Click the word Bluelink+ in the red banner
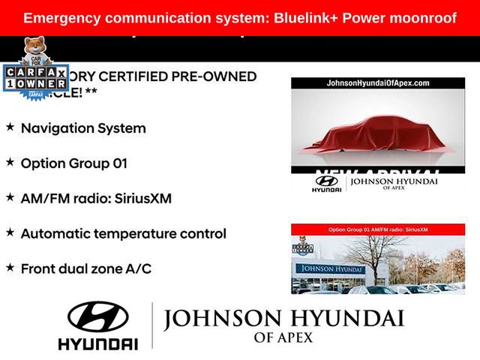(307, 17)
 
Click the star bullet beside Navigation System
(10, 127)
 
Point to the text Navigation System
(83, 128)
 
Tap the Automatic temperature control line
(123, 233)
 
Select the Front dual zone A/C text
(85, 268)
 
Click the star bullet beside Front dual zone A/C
(10, 267)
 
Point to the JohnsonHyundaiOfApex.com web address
(377, 83)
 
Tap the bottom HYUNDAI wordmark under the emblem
(97, 343)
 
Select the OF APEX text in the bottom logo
(283, 337)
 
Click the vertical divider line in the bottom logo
(152, 325)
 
